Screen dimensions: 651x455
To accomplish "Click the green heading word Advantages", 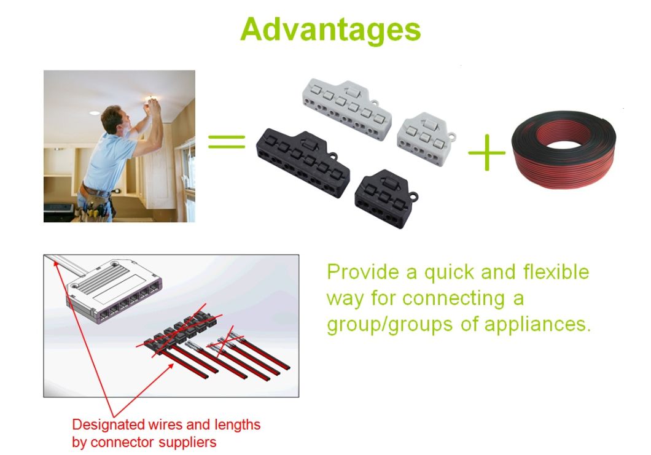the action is tap(330, 30).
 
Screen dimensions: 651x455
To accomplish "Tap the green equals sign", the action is tap(227, 142).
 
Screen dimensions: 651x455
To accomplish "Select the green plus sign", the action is tap(486, 152).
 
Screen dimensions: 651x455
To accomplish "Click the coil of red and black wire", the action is tap(564, 149).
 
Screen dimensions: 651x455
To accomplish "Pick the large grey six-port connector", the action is tap(346, 109).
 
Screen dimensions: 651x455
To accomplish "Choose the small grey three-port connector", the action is tap(426, 138).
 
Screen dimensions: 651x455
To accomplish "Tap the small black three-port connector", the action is tap(385, 198).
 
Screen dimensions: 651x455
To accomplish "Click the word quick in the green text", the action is tap(448, 273).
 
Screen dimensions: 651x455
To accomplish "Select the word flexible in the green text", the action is tap(556, 272).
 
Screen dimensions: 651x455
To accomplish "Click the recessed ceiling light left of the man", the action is tap(94, 113).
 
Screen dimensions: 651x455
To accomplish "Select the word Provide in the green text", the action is tap(364, 272).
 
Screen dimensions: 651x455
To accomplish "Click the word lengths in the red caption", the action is tap(238, 425).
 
